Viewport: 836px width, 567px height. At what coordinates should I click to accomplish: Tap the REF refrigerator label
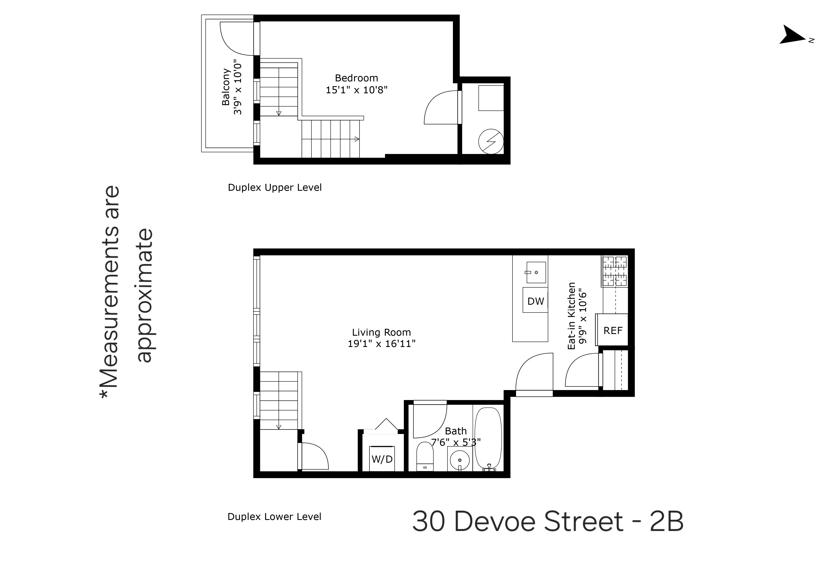(x=613, y=330)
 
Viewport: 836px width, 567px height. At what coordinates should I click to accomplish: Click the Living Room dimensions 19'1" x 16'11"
(x=381, y=343)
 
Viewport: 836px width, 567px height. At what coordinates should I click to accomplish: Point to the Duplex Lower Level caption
(x=274, y=517)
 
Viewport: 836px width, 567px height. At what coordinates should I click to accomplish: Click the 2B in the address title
(x=666, y=521)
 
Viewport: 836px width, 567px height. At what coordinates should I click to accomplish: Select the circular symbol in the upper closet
(x=491, y=141)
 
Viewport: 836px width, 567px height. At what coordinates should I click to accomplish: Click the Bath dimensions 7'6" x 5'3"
(x=456, y=442)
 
